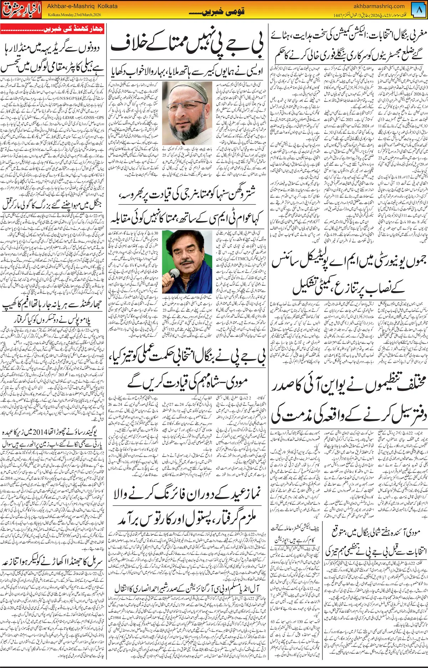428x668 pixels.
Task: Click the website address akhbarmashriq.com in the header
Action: click(379, 6)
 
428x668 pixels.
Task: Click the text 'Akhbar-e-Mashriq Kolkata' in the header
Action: click(82, 6)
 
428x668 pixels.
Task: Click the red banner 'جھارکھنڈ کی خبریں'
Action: click(52, 29)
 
